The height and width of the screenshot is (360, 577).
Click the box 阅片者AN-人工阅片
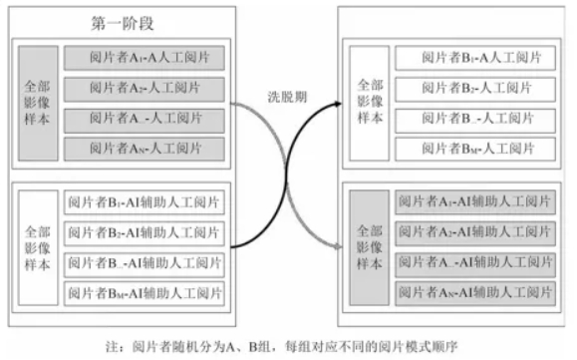tap(145, 150)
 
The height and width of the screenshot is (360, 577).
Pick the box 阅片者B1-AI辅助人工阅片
tap(145, 203)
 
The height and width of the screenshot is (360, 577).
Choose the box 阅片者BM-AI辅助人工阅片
tap(145, 294)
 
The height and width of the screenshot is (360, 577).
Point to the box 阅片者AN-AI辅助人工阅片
tap(474, 293)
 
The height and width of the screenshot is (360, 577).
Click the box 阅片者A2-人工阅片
tap(145, 88)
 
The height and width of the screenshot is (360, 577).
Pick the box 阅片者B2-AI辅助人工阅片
tap(145, 233)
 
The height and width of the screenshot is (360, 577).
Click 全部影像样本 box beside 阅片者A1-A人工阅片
tap(38, 103)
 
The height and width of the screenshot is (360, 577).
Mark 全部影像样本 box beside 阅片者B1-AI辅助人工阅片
tap(38, 248)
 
